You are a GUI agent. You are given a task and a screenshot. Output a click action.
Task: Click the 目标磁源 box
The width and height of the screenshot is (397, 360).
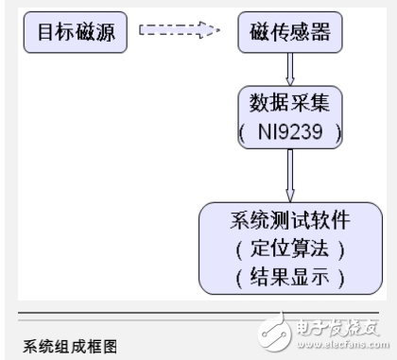click(75, 33)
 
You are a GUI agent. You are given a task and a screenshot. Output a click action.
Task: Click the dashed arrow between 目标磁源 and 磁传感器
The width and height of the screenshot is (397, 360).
click(180, 32)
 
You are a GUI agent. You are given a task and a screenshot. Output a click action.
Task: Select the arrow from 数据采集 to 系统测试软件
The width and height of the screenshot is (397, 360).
click(290, 173)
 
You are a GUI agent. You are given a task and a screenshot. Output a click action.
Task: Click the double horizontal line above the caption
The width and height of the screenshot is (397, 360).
click(198, 312)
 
